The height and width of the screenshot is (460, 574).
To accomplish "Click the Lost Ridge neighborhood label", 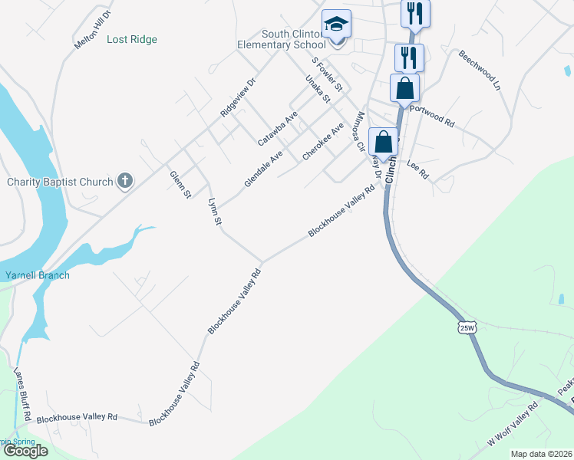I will tap(132, 39).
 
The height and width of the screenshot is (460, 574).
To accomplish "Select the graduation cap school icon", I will tap(335, 25).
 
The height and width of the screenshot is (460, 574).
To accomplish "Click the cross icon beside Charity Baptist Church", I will tap(124, 182).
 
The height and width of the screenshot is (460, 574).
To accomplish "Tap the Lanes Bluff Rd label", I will tap(21, 394).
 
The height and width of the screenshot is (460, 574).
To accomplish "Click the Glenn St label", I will tap(180, 185).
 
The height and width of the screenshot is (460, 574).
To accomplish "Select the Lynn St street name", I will tap(215, 212).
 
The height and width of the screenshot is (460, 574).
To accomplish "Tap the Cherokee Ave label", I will tap(322, 142).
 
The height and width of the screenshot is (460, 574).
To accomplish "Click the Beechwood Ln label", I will tap(479, 71).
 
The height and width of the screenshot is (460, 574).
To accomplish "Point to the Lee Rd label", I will tap(417, 169).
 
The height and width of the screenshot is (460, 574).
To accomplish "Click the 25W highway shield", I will tap(467, 327).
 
